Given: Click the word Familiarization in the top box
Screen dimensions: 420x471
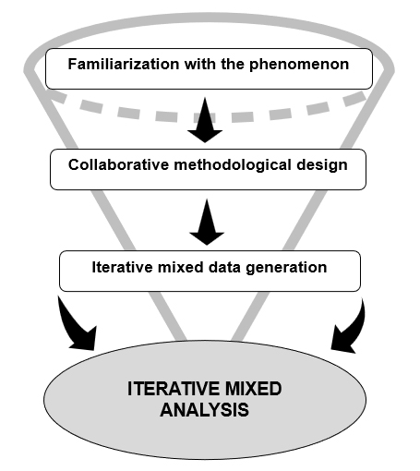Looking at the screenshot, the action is tap(124, 64).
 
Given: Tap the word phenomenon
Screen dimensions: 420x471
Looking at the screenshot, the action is tap(299, 66).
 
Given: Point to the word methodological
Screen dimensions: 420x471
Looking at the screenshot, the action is tap(233, 165).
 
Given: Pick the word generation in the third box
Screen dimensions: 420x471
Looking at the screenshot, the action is tap(286, 268).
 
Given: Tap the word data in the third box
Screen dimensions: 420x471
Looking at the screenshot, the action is tap(224, 267).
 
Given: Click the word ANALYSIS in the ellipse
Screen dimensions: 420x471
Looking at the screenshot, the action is tap(204, 410).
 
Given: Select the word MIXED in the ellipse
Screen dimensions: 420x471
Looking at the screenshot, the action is tap(253, 389).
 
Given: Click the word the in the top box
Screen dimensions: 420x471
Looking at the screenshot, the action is tap(232, 64).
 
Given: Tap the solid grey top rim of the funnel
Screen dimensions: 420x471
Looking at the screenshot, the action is tap(210, 18).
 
